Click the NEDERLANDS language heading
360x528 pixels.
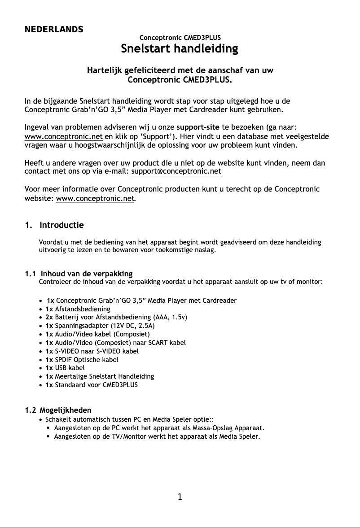point(53,30)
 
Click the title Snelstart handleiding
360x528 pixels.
point(180,48)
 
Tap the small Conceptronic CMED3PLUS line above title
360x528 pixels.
point(180,38)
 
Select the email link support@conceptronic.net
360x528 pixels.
point(176,171)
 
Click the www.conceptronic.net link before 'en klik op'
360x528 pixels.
point(63,136)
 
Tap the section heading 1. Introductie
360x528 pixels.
point(54,225)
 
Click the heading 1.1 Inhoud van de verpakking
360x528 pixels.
point(79,274)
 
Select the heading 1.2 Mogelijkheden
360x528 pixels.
point(58,410)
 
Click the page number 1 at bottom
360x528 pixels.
point(180,497)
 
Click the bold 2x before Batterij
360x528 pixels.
point(49,317)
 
